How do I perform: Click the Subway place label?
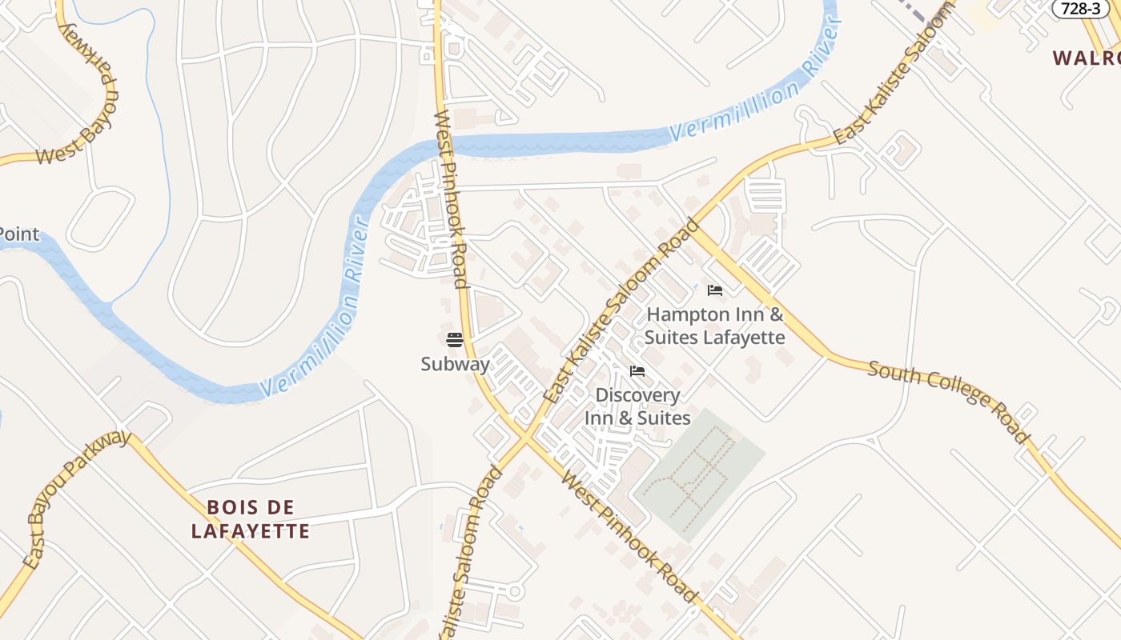pyautogui.click(x=455, y=364)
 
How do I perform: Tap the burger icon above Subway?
pyautogui.click(x=455, y=340)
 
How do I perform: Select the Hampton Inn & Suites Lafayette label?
pyautogui.click(x=714, y=326)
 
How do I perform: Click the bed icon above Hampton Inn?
pyautogui.click(x=715, y=290)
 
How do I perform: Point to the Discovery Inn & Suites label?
pyautogui.click(x=637, y=406)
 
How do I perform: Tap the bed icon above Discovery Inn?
pyautogui.click(x=637, y=370)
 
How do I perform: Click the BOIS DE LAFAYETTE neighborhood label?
pyautogui.click(x=250, y=519)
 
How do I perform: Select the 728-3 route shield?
pyautogui.click(x=1080, y=9)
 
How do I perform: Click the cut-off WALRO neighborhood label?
pyautogui.click(x=1086, y=58)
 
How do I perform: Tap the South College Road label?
pyautogui.click(x=947, y=402)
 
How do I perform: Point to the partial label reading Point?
pyautogui.click(x=18, y=234)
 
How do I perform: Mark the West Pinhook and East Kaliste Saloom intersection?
pyautogui.click(x=526, y=438)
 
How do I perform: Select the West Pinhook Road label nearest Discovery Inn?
pyautogui.click(x=628, y=537)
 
